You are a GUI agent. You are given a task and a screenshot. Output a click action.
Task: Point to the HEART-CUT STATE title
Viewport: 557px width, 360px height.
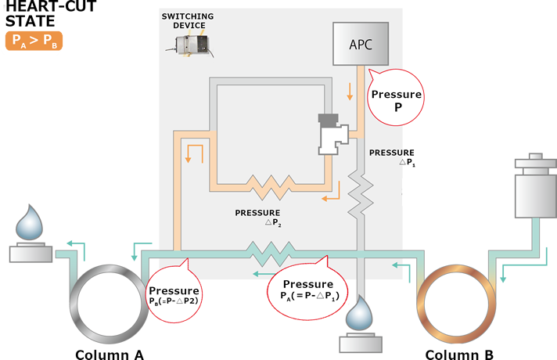[34, 15]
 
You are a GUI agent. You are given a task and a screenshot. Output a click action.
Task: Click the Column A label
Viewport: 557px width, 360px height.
[109, 355]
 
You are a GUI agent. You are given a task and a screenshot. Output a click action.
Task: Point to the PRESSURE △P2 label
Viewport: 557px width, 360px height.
[257, 217]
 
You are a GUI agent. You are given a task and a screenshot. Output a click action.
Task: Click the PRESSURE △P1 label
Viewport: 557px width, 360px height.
[393, 157]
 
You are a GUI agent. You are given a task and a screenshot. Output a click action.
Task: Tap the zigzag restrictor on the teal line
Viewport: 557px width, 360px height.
[270, 252]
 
